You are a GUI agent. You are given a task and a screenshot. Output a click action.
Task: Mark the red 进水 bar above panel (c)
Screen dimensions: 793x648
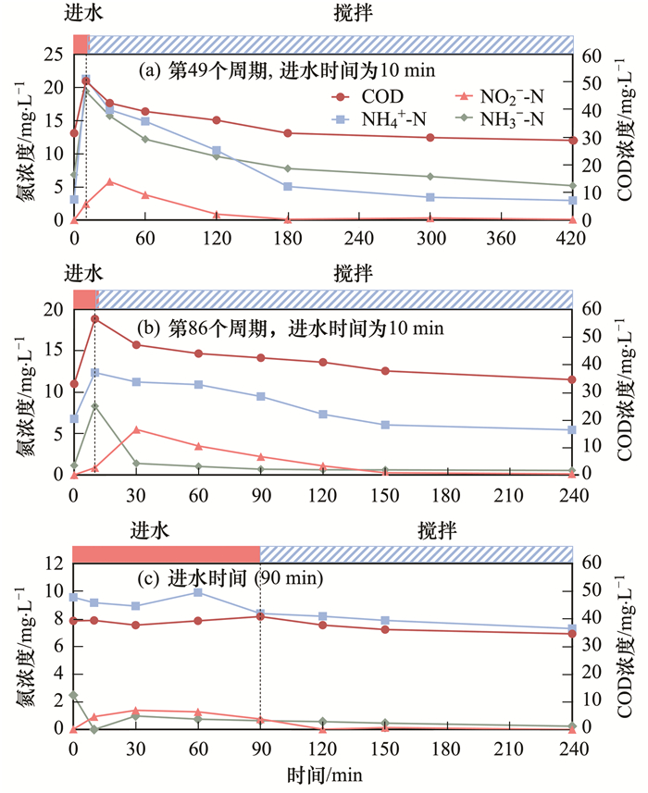[166, 553]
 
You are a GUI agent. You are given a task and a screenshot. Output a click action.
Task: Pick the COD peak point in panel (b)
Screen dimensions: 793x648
[94, 319]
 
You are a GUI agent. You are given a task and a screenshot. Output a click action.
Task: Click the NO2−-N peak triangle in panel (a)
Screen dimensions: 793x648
[110, 181]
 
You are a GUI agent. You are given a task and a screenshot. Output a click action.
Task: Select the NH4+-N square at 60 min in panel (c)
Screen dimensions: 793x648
[198, 592]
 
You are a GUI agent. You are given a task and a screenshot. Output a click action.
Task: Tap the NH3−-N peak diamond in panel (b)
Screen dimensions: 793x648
[94, 406]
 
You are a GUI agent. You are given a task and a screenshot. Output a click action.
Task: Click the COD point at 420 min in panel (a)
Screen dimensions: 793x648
[573, 141]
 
